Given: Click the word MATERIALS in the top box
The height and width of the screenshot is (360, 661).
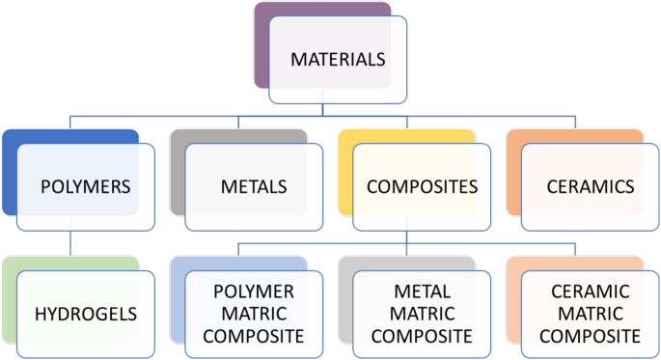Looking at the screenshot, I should [338, 60].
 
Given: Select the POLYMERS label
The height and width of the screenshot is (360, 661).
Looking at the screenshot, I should [85, 185].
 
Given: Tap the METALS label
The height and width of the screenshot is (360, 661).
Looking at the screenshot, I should [254, 185].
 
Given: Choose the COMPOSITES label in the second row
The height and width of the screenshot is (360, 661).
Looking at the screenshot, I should [422, 185].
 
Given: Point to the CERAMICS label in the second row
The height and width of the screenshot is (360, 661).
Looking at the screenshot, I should [589, 185].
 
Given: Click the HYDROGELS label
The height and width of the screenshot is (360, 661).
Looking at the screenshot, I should [85, 314].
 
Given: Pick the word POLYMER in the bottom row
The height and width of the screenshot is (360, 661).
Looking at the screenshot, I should [254, 291].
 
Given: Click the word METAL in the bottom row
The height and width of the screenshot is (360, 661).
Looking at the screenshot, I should [422, 291].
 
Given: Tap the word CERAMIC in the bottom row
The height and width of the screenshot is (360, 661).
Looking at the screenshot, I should [590, 291].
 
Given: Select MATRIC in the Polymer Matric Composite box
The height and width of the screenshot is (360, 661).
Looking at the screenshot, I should [254, 314].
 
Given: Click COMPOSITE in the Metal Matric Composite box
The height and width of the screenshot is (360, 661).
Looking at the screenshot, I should [422, 336].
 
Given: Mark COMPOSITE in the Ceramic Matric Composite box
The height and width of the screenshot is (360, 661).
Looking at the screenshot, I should [590, 336].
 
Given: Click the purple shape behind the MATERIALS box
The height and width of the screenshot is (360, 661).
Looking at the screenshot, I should [262, 48].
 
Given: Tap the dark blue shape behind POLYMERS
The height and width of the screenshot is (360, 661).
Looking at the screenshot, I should [10, 174].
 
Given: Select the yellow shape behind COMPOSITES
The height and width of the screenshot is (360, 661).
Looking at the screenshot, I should [345, 174].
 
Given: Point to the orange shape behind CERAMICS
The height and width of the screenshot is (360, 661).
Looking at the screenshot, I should [513, 174].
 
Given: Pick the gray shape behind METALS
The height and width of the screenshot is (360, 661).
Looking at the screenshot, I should [178, 174].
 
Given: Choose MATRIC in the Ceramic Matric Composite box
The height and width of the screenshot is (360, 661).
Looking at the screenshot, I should [590, 314].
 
